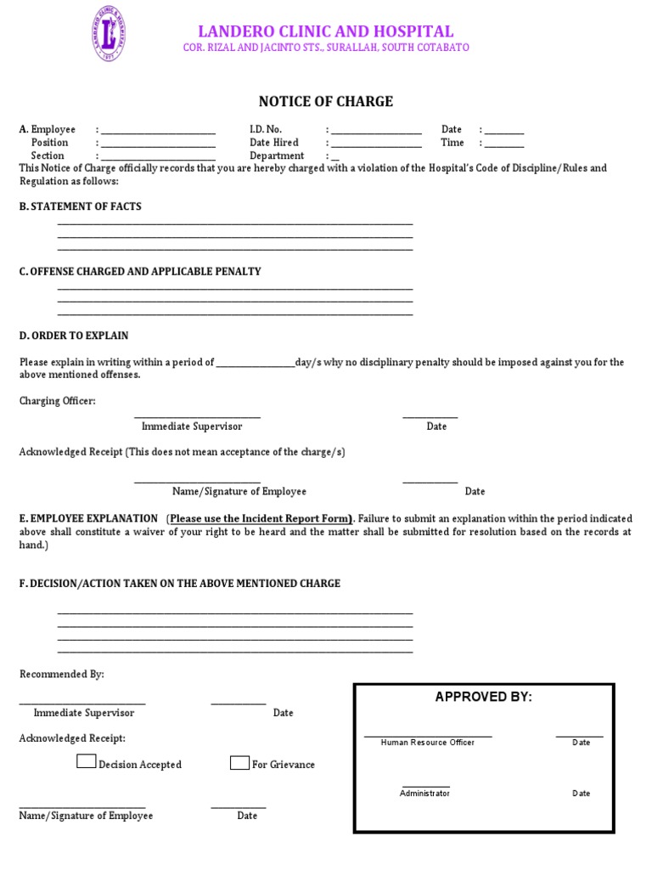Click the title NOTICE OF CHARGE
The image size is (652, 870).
click(326, 102)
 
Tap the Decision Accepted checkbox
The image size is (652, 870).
click(86, 762)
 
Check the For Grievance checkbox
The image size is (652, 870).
click(239, 763)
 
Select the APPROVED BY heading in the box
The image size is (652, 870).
click(483, 698)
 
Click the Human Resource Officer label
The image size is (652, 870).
click(428, 743)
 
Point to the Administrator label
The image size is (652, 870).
click(424, 794)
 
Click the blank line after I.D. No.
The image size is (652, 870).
click(376, 130)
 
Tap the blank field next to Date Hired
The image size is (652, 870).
click(376, 144)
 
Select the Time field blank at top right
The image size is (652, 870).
click(504, 144)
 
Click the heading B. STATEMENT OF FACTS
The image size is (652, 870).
click(81, 206)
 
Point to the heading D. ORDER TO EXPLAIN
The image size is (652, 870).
click(74, 336)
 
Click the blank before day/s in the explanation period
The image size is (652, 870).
click(255, 363)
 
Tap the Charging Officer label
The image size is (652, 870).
click(58, 401)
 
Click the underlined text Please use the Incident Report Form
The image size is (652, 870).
click(261, 518)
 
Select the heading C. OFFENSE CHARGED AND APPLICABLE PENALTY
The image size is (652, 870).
click(140, 272)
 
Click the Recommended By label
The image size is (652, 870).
click(62, 675)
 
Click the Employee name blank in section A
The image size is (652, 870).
click(158, 130)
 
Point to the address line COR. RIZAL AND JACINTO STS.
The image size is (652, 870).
click(326, 48)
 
